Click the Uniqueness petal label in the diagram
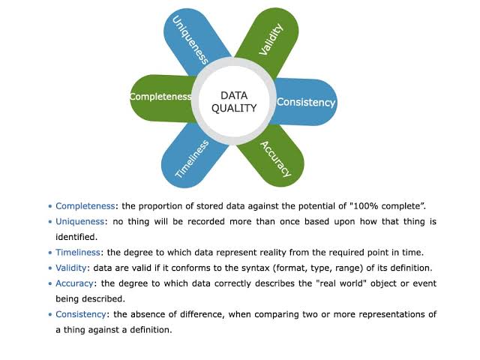click(x=190, y=40)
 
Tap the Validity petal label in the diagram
click(x=271, y=40)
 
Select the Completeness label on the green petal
click(x=160, y=97)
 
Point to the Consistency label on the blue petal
click(x=306, y=102)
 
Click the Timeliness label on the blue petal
click(x=192, y=158)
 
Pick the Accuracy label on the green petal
click(x=275, y=159)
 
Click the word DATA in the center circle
click(x=234, y=95)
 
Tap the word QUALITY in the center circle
click(x=234, y=108)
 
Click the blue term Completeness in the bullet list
click(x=85, y=206)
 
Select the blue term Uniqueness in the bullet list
click(x=80, y=222)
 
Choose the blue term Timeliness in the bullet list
click(x=78, y=253)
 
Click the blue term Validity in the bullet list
click(x=71, y=268)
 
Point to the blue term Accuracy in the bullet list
click(x=74, y=283)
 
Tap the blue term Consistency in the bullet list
click(x=81, y=314)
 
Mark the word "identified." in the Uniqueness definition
click(x=76, y=237)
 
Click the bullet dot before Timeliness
click(x=50, y=253)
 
